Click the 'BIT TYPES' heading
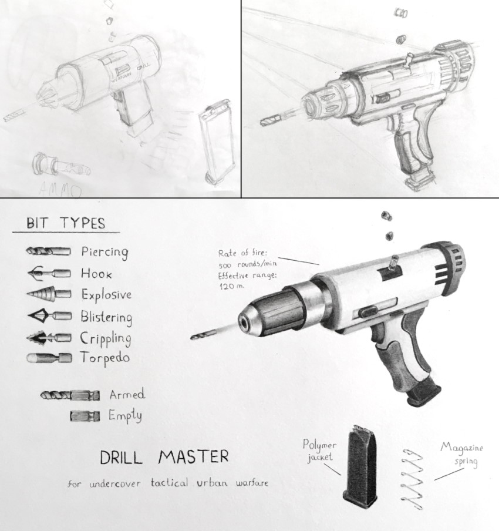pos(65,223)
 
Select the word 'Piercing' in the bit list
pos(104,252)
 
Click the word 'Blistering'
pos(106,317)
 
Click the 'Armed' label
pos(127,394)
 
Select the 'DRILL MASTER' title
pos(164,456)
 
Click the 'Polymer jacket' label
pos(320,451)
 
